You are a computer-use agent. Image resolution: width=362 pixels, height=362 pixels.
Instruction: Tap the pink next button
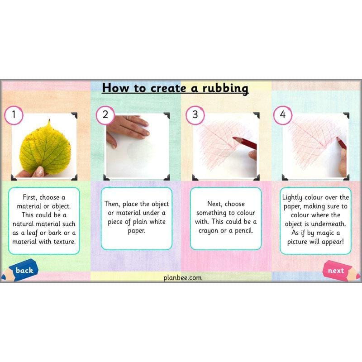[x=337, y=271]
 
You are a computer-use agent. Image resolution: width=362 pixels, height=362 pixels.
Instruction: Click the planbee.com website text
[x=182, y=277]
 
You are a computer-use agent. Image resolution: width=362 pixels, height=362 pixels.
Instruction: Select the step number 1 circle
[x=14, y=114]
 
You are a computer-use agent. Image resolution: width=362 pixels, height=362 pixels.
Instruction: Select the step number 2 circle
[x=105, y=114]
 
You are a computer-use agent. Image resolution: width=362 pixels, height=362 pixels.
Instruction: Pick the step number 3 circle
[x=195, y=114]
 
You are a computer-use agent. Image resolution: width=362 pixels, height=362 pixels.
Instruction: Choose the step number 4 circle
[x=283, y=114]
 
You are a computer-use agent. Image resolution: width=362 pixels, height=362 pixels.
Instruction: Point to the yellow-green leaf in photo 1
[x=45, y=147]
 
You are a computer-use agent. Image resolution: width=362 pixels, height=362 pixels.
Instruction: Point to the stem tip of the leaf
[x=48, y=121]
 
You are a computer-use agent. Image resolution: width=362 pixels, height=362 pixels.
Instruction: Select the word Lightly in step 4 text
[x=294, y=198]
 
